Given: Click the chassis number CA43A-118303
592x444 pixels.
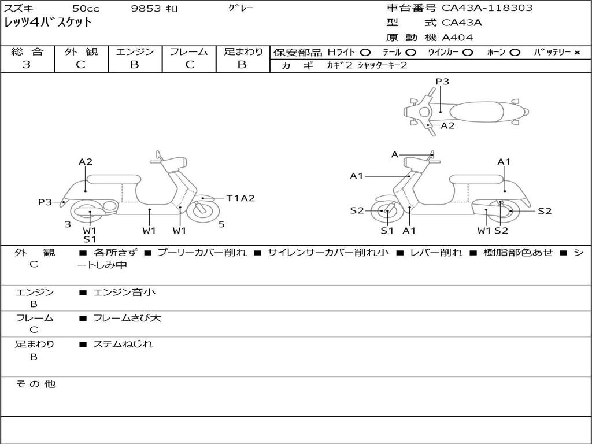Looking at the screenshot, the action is [487, 8].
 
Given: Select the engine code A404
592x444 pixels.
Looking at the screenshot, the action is [457, 38].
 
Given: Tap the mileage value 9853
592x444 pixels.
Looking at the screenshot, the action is [146, 8].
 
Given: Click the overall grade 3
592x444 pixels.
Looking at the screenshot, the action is [27, 65].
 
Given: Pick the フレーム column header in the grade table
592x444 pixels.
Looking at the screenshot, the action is [189, 51].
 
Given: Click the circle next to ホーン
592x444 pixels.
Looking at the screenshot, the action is [515, 53].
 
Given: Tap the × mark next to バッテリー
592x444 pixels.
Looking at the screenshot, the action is [576, 53].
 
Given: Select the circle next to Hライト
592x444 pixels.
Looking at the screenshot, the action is [365, 53].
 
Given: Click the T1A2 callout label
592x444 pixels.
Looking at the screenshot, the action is [240, 198].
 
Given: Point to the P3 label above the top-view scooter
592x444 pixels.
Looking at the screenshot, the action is [442, 81].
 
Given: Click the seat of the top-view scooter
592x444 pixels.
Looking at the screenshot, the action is [476, 112].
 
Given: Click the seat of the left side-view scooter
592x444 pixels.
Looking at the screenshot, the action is [114, 179].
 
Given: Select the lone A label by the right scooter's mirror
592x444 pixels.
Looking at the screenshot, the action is [394, 154].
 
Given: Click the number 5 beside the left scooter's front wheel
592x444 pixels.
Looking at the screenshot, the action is [221, 224].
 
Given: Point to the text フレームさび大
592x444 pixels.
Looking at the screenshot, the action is [127, 319].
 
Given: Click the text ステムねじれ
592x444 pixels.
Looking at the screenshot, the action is [123, 344].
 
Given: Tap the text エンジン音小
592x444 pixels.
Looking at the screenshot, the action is [124, 292].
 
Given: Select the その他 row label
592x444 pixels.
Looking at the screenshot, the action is [35, 384].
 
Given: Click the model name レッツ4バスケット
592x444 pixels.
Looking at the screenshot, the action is [48, 23].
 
